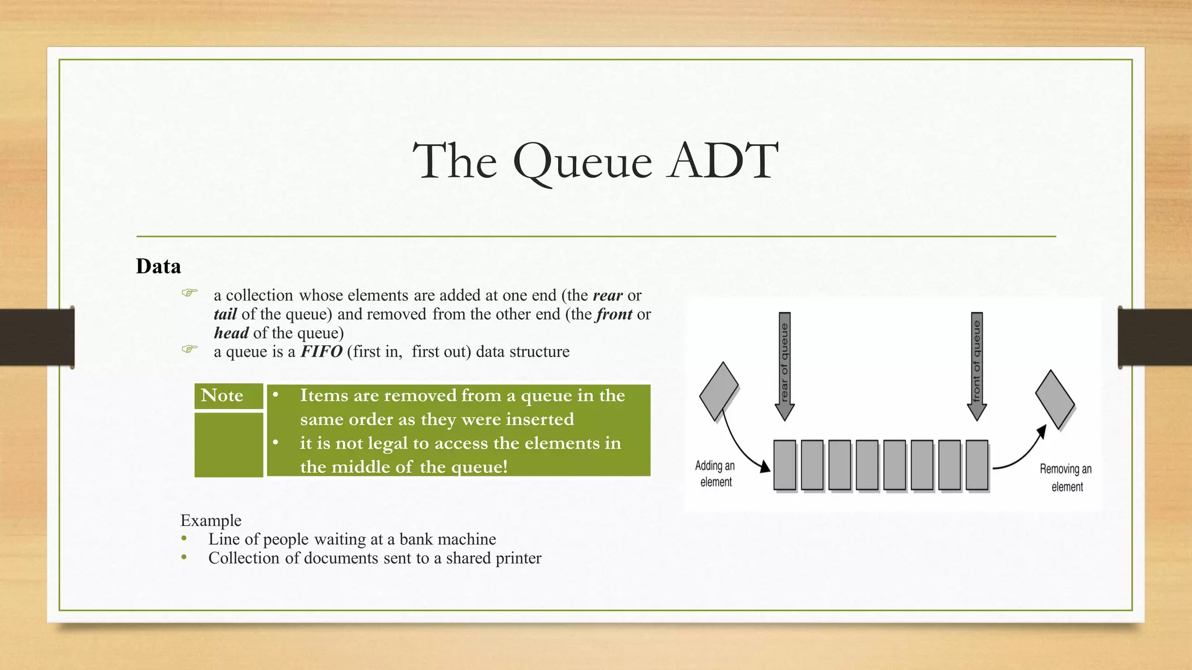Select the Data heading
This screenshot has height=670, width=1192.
pyautogui.click(x=158, y=266)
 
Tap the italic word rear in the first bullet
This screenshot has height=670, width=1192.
pyautogui.click(x=608, y=295)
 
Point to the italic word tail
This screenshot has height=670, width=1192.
pyautogui.click(x=225, y=315)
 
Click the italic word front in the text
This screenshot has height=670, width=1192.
pyautogui.click(x=614, y=315)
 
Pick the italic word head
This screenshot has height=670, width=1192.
pyautogui.click(x=231, y=333)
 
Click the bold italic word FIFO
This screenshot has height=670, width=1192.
pyautogui.click(x=321, y=352)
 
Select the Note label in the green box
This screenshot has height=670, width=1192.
pyautogui.click(x=222, y=395)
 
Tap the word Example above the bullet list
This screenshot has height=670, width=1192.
pyautogui.click(x=211, y=520)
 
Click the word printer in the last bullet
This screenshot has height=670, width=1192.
pyautogui.click(x=517, y=558)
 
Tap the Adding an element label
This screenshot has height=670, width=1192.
pyautogui.click(x=715, y=473)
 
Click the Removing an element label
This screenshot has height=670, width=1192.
pyautogui.click(x=1066, y=477)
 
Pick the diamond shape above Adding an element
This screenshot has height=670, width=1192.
pyautogui.click(x=718, y=391)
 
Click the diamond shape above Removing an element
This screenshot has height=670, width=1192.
pyautogui.click(x=1055, y=399)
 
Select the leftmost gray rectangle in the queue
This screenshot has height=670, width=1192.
pyautogui.click(x=785, y=465)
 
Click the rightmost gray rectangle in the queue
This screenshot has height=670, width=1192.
pyautogui.click(x=977, y=465)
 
